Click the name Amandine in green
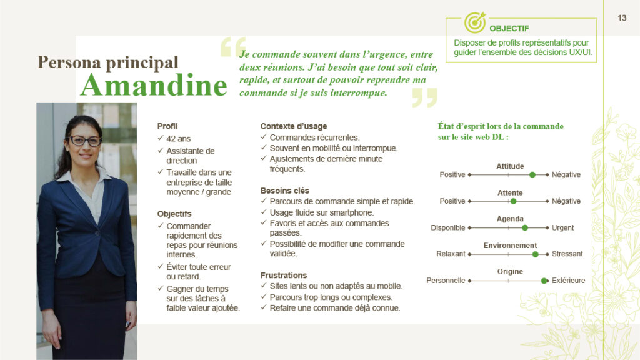click(x=153, y=85)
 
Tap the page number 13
click(x=622, y=18)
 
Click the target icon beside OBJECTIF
click(x=474, y=23)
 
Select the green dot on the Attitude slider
click(x=532, y=175)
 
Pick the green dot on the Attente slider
click(x=513, y=201)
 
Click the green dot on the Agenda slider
click(x=525, y=228)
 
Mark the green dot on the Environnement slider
click(x=535, y=254)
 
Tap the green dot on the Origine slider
click(x=544, y=281)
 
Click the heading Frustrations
click(x=284, y=275)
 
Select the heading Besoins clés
click(x=284, y=191)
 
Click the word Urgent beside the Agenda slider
click(x=562, y=228)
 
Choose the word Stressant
click(x=567, y=254)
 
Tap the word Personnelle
click(x=446, y=281)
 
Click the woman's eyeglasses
click(x=84, y=141)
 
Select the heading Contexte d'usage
click(x=293, y=126)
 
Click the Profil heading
click(x=167, y=126)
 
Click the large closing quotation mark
click(x=424, y=97)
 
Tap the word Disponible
click(x=447, y=228)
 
